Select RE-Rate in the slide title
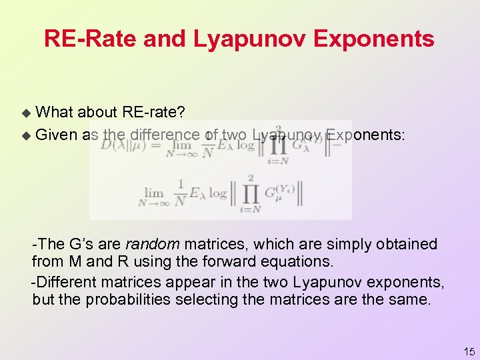91,39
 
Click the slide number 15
469,351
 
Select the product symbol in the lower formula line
247,195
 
